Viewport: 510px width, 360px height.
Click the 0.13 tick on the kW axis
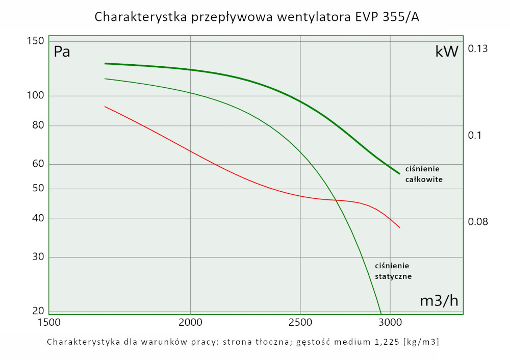[478, 49]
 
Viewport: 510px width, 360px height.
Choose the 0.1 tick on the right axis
[475, 135]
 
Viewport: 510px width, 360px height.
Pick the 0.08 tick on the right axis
[478, 222]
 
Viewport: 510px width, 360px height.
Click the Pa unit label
[62, 52]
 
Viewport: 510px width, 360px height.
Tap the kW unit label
[447, 52]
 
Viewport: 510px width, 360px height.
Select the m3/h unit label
[439, 301]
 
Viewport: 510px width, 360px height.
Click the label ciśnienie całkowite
[423, 174]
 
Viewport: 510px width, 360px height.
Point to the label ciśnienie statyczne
[393, 271]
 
